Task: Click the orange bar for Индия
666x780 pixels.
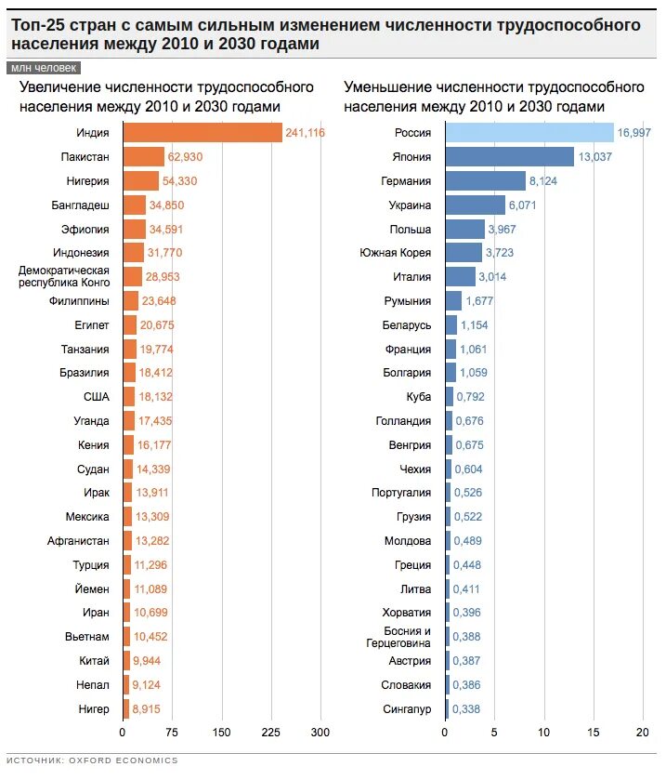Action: tap(202, 133)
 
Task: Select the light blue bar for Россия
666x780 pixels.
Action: tap(529, 133)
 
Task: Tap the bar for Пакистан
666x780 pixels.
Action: tap(143, 157)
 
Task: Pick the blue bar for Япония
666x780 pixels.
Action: tap(510, 157)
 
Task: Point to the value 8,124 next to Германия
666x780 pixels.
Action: tap(542, 181)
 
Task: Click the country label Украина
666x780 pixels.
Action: tap(409, 205)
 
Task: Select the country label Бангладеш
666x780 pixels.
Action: tap(80, 205)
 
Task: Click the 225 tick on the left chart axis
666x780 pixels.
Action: tap(271, 732)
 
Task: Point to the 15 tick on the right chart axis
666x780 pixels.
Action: tap(594, 732)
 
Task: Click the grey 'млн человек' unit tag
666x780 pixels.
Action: tap(44, 68)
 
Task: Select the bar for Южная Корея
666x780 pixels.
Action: tap(464, 253)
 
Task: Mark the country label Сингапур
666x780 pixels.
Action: tap(407, 709)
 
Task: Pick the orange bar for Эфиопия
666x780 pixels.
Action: tap(134, 229)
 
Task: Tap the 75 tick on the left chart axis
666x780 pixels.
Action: tap(172, 732)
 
